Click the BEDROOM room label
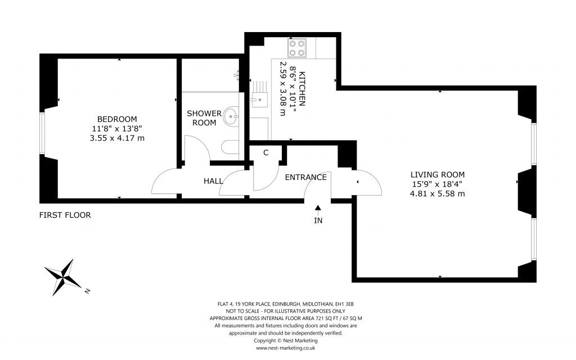117,119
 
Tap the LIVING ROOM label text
437,174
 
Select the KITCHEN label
301,89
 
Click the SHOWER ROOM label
204,118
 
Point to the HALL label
213,181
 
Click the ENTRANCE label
305,177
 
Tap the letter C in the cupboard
265,152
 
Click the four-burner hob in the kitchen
297,48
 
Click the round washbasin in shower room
231,117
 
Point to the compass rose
66,276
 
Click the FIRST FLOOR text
65,215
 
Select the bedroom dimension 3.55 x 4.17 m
117,138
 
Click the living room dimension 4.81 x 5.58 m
437,193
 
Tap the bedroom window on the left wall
42,133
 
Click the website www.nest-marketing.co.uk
286,348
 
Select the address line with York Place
286,304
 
